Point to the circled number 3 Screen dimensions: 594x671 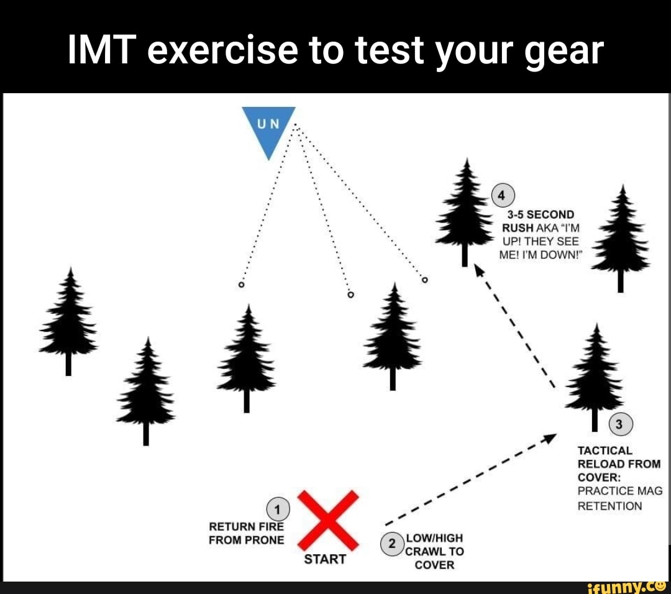619,425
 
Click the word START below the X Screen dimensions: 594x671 325,559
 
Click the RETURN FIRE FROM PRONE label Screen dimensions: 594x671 246,533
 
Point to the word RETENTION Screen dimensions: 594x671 609,506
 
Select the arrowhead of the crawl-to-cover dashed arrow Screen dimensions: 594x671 549,438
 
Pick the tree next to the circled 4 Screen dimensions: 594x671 465,208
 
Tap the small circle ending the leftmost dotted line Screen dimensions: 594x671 241,285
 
